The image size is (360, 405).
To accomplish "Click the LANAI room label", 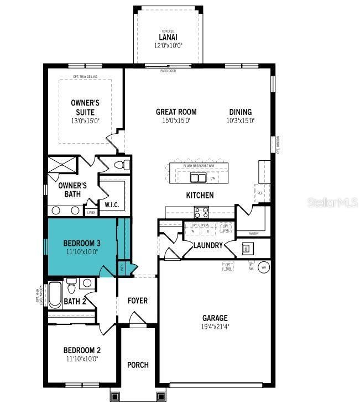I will tap(168, 38).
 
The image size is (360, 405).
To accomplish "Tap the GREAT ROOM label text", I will tap(176, 112).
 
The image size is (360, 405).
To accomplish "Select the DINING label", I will tap(240, 112).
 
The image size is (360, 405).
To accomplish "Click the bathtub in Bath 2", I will tap(55, 295).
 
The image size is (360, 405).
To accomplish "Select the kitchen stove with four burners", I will tap(201, 211).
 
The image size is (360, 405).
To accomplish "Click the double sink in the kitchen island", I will tap(199, 177).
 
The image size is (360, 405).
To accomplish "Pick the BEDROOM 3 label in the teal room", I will tap(81, 243).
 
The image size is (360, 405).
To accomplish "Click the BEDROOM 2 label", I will tap(81, 350).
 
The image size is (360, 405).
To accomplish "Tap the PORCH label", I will tap(138, 365).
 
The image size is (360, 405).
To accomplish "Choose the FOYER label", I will tap(138, 301).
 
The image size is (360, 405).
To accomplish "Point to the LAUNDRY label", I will tap(208, 245).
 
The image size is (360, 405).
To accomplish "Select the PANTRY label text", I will tap(254, 234).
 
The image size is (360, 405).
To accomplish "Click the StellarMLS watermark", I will tap(332, 203).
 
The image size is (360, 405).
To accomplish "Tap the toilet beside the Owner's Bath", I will tap(122, 165).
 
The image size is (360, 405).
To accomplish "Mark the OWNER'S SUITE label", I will tap(85, 107).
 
